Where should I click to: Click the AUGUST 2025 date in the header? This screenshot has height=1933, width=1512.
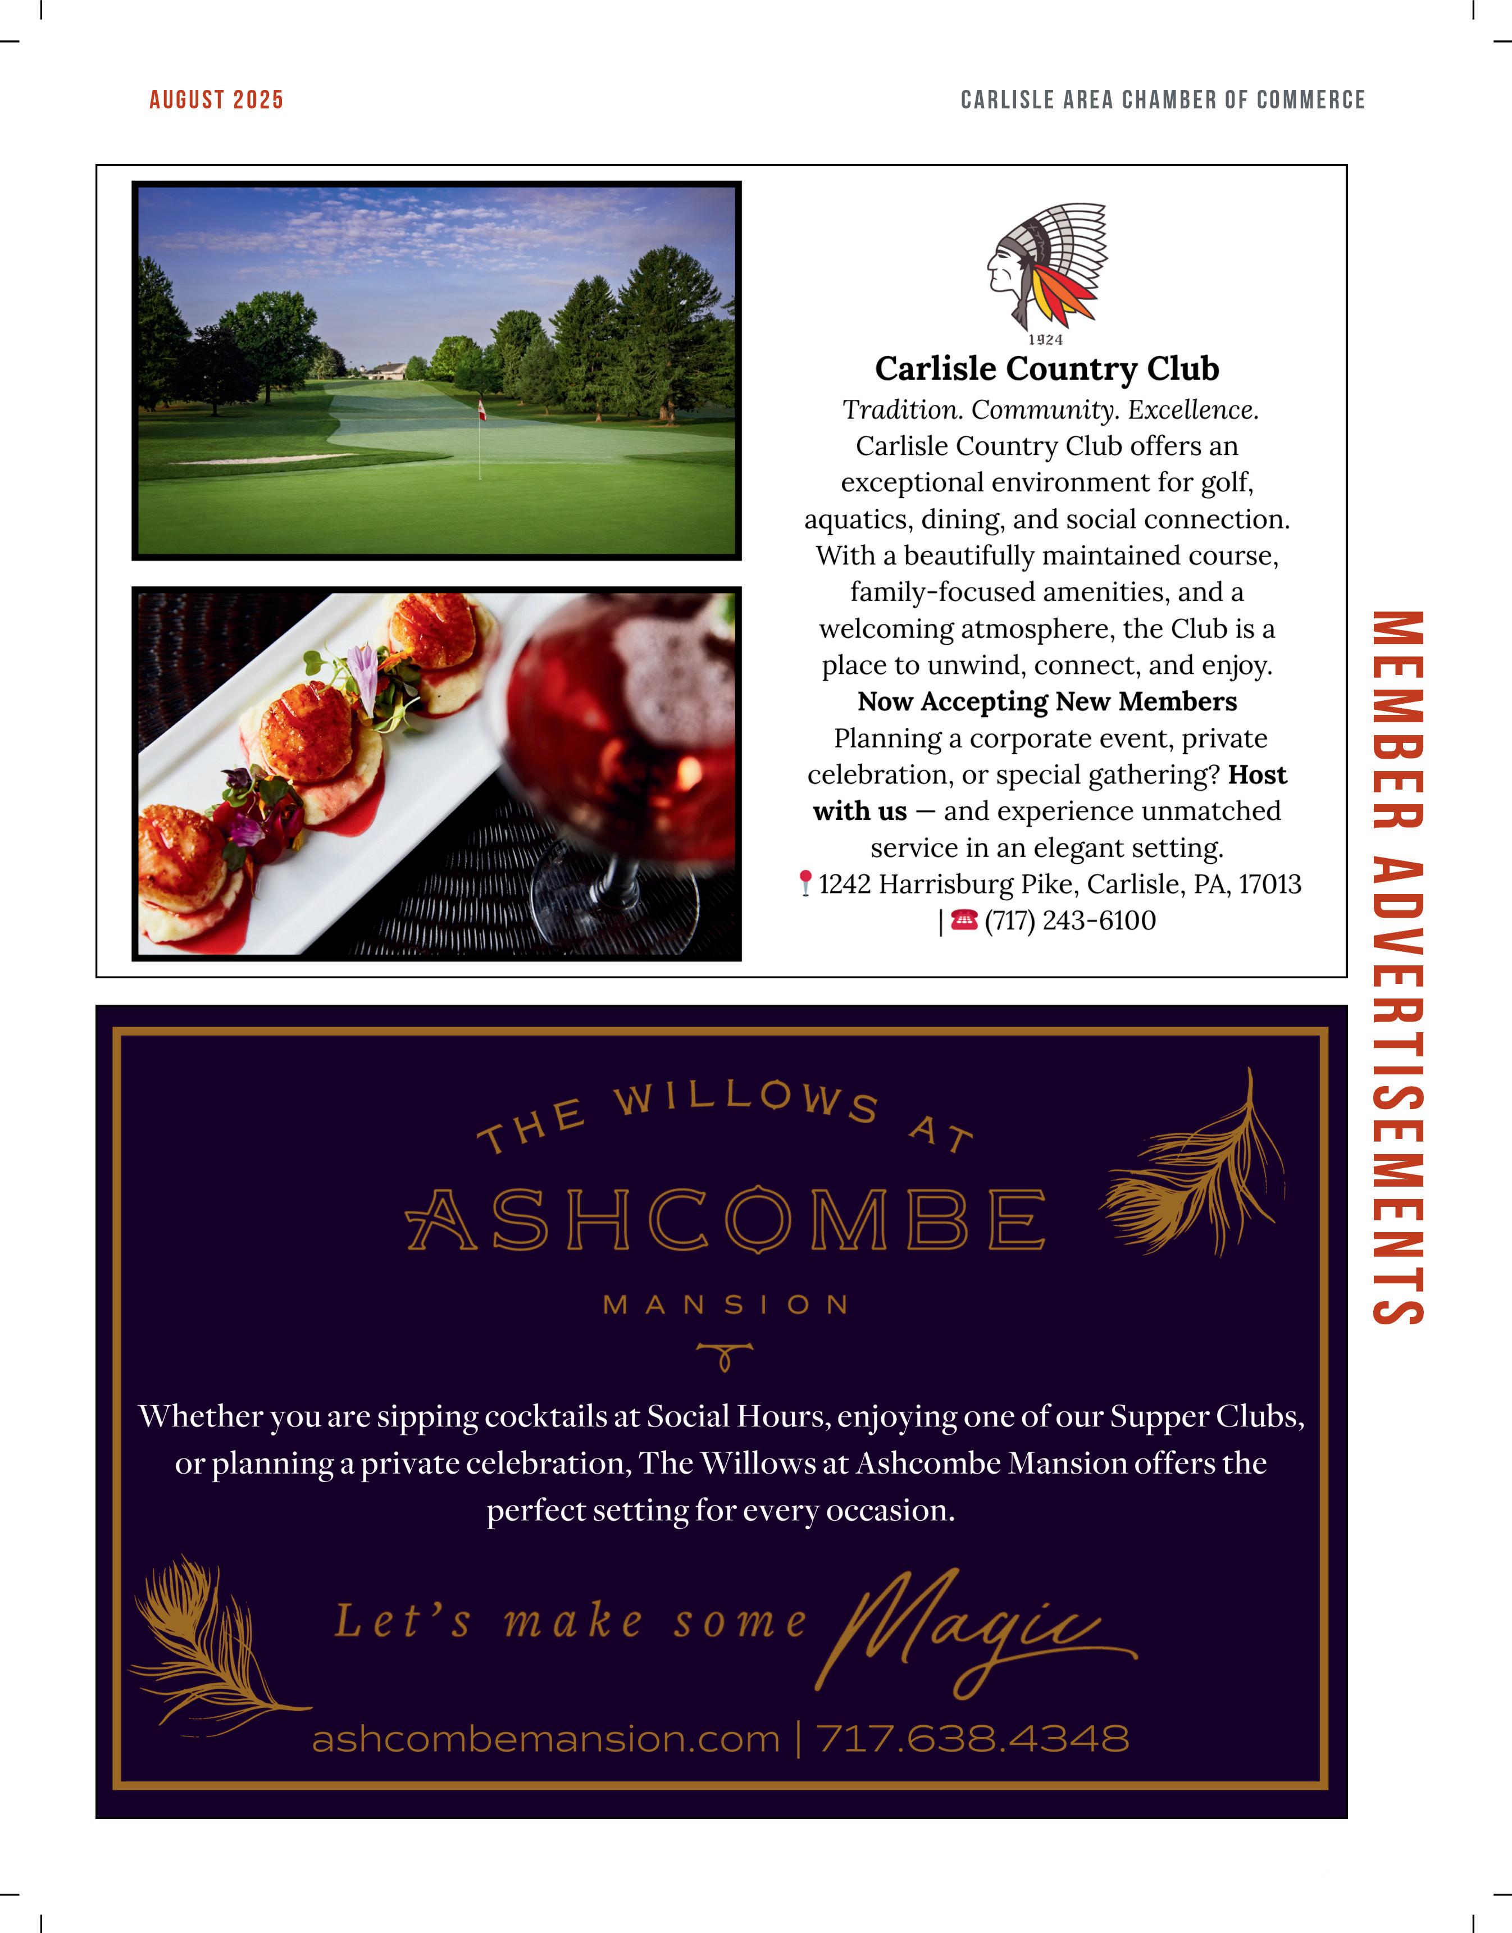[216, 99]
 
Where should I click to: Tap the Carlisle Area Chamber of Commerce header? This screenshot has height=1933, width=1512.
[1162, 99]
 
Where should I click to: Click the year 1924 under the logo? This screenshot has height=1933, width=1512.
[1045, 340]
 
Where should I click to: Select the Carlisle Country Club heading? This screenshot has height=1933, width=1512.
[1046, 368]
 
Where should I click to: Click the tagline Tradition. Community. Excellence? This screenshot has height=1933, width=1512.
[1050, 410]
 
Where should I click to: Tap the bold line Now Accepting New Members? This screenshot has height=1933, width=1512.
[1046, 701]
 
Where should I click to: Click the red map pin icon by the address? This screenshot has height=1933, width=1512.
[805, 883]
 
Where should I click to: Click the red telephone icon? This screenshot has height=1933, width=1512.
[964, 920]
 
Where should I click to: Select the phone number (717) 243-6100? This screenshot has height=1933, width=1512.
[1071, 920]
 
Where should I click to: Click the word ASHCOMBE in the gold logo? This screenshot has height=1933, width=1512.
[726, 1220]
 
